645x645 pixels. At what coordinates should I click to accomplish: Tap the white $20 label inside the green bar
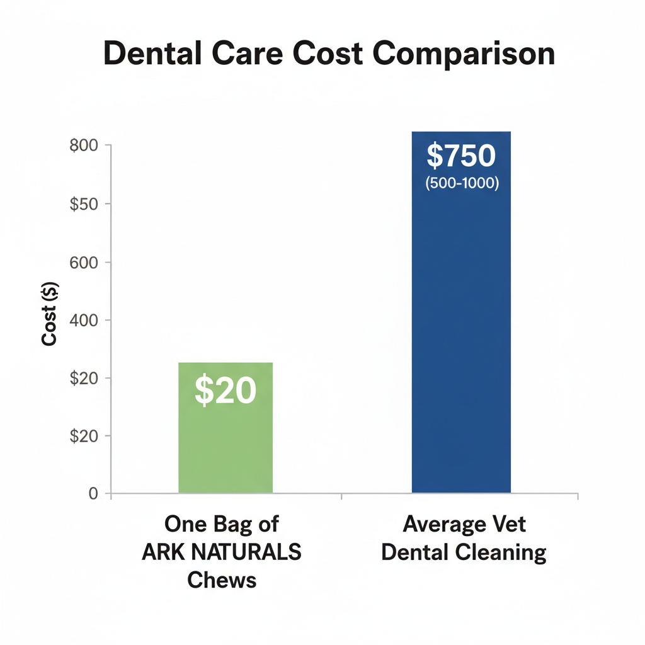click(225, 391)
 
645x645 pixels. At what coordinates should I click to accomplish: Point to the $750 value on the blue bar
click(462, 156)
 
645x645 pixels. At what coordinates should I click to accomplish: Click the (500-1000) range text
click(462, 185)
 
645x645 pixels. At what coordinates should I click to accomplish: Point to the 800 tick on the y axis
click(84, 146)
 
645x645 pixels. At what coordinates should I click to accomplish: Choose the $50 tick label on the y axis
click(84, 203)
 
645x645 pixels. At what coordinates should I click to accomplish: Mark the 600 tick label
click(84, 262)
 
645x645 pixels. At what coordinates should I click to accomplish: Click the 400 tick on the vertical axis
click(84, 320)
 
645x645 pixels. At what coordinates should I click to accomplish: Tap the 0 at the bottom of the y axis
click(93, 494)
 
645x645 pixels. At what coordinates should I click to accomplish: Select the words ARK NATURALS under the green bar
click(222, 552)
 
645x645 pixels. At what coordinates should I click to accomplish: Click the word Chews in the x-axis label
click(222, 579)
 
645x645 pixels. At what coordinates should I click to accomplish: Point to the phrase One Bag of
click(222, 524)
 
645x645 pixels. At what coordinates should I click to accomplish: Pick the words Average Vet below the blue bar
click(464, 524)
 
